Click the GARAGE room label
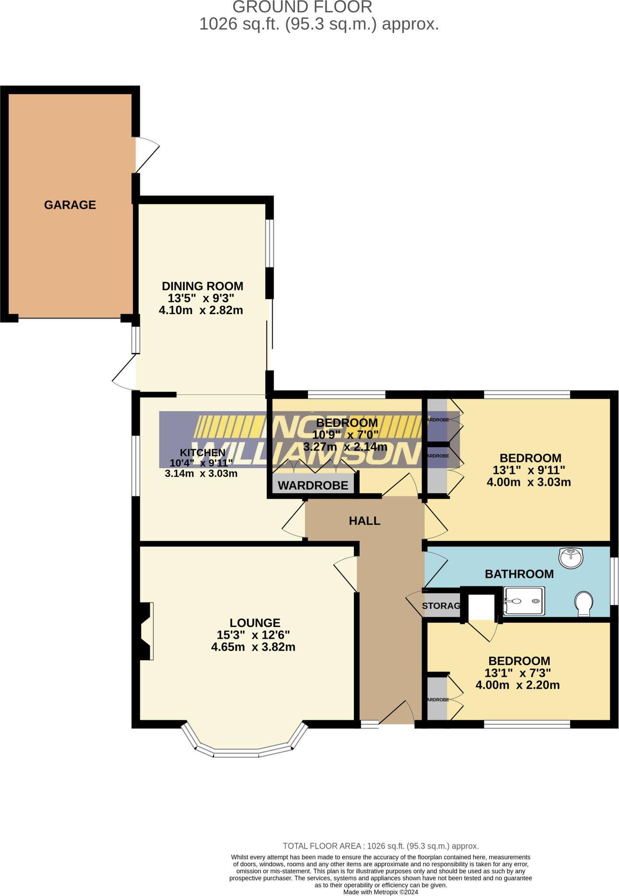tap(70, 205)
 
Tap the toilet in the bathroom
tap(584, 604)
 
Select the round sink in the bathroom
tap(571, 558)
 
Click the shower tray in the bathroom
tap(524, 601)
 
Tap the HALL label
tap(364, 521)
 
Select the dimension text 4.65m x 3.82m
tap(253, 647)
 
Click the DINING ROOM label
tap(202, 286)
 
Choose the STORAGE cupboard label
tap(441, 605)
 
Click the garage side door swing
tap(147, 155)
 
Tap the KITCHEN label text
tap(203, 453)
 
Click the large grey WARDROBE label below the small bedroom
tap(313, 485)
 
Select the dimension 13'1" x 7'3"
tap(518, 673)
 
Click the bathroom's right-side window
tap(614, 581)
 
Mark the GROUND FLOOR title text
tap(302, 7)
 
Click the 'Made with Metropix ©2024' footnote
tap(381, 892)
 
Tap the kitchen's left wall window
tap(136, 465)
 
